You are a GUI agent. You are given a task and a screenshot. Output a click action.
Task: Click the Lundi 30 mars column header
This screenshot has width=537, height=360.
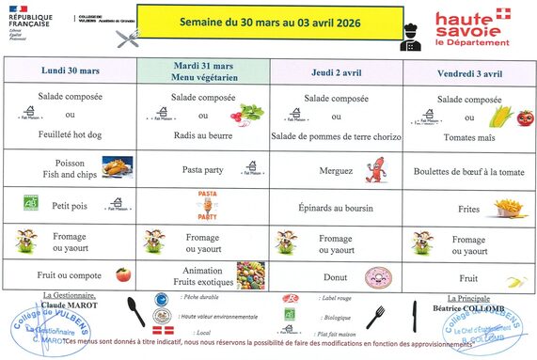click(x=71, y=70)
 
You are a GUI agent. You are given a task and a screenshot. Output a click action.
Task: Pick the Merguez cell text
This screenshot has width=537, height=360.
click(x=336, y=172)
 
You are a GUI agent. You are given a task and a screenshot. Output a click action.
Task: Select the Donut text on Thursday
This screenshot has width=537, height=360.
click(x=336, y=277)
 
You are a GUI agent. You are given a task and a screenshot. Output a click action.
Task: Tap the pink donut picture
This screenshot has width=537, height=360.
click(x=378, y=277)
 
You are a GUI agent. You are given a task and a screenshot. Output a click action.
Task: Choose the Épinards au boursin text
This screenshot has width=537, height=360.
click(x=336, y=206)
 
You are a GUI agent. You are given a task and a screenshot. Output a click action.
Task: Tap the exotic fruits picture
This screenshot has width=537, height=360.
click(x=249, y=275)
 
